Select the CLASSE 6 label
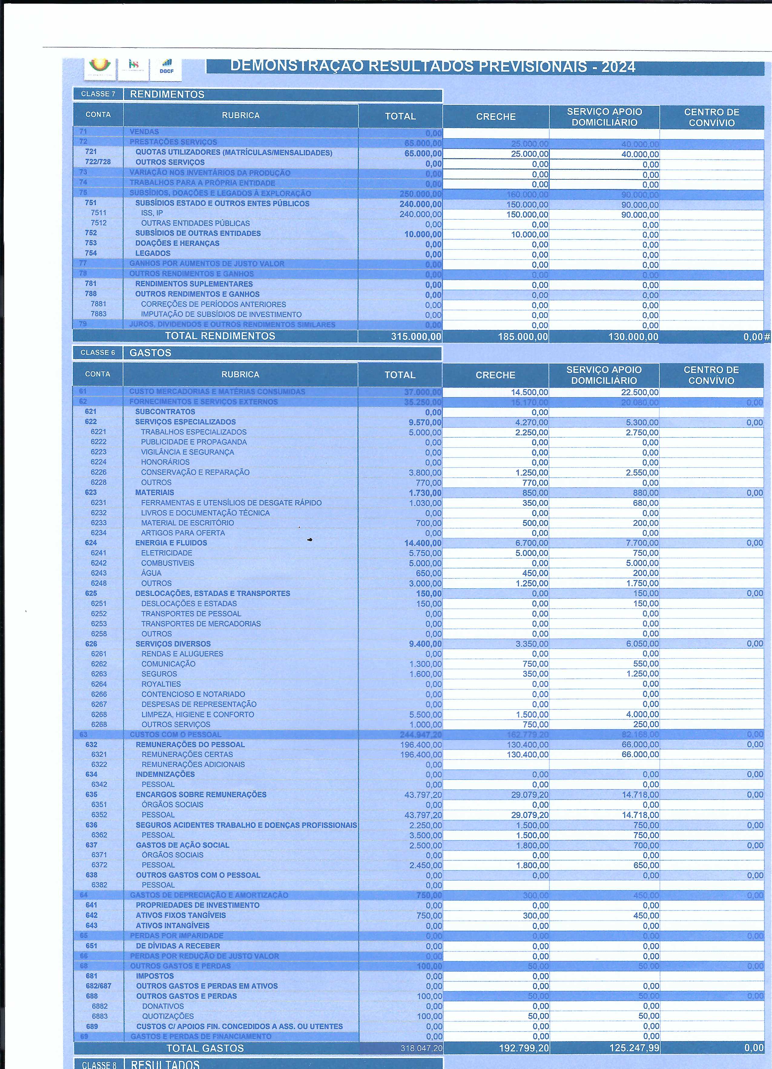[x=97, y=353]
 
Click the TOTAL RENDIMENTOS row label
[x=220, y=336]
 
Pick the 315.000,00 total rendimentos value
[x=416, y=337]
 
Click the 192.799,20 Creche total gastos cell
[x=523, y=1048]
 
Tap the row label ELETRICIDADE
[x=167, y=553]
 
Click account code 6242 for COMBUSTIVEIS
[x=99, y=563]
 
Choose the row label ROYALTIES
[x=161, y=684]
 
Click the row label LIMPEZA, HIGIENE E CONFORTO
[x=198, y=714]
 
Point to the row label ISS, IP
[x=152, y=213]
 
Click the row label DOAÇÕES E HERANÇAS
[x=177, y=243]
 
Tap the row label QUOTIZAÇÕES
[x=168, y=1016]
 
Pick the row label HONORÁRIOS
[x=165, y=462]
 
